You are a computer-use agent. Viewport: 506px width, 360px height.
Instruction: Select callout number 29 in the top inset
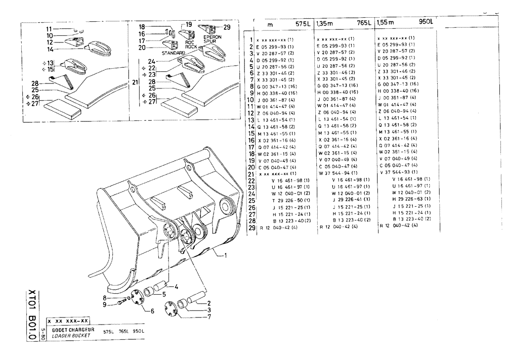[x=227, y=26]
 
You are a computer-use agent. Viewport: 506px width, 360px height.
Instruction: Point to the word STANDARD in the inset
[x=173, y=52]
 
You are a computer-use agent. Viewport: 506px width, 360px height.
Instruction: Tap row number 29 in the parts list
[x=250, y=227]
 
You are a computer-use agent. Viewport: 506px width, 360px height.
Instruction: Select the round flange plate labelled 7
[x=172, y=309]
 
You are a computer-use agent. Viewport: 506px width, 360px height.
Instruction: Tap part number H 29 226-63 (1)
[x=410, y=200]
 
